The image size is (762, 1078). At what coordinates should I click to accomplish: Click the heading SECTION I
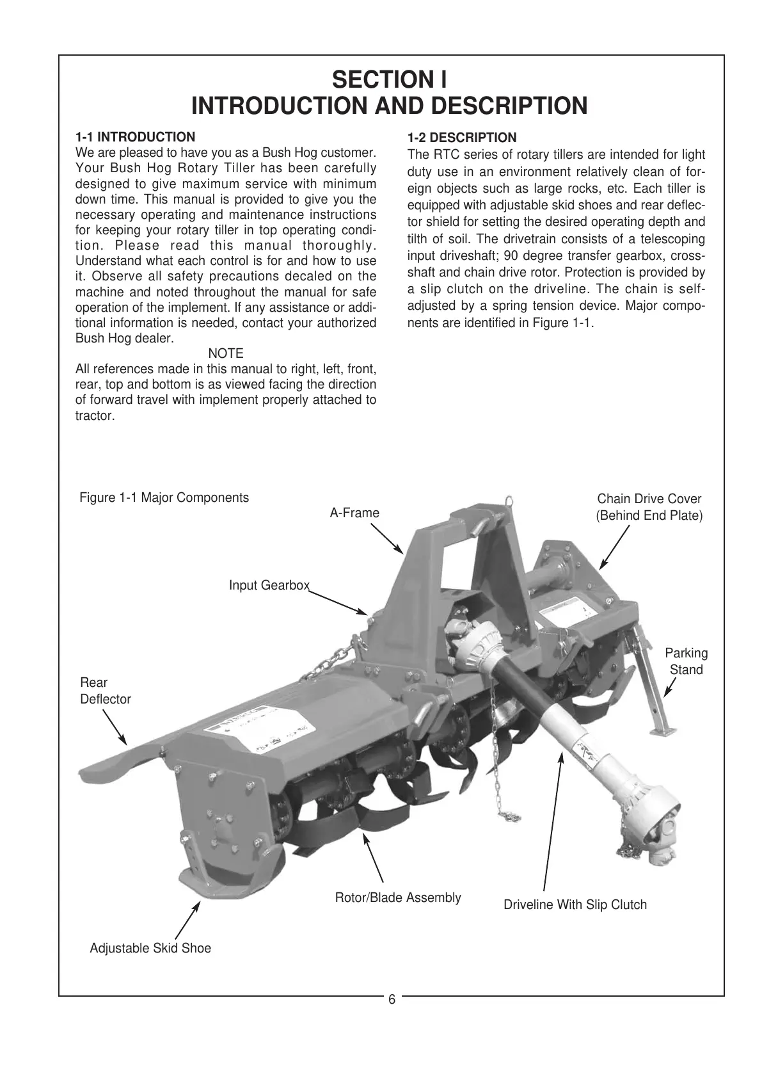click(389, 80)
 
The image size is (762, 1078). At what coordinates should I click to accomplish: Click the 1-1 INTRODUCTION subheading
click(135, 137)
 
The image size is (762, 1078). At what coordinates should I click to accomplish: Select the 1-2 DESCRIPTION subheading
click(462, 138)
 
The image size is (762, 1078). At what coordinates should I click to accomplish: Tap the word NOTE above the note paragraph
click(226, 353)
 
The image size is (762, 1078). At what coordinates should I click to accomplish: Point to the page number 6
click(392, 1000)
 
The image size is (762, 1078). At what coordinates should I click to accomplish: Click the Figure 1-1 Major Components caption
click(164, 497)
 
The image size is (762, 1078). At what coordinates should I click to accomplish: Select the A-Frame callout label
click(354, 513)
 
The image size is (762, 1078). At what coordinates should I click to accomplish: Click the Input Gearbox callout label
click(269, 585)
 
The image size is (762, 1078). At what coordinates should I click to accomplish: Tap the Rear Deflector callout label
click(105, 691)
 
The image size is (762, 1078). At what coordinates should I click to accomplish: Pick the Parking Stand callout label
click(686, 661)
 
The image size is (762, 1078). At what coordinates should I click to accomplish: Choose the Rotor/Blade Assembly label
click(398, 897)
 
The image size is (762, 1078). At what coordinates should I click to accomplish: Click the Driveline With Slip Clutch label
click(575, 905)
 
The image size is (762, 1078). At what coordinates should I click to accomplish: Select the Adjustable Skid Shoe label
click(150, 948)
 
